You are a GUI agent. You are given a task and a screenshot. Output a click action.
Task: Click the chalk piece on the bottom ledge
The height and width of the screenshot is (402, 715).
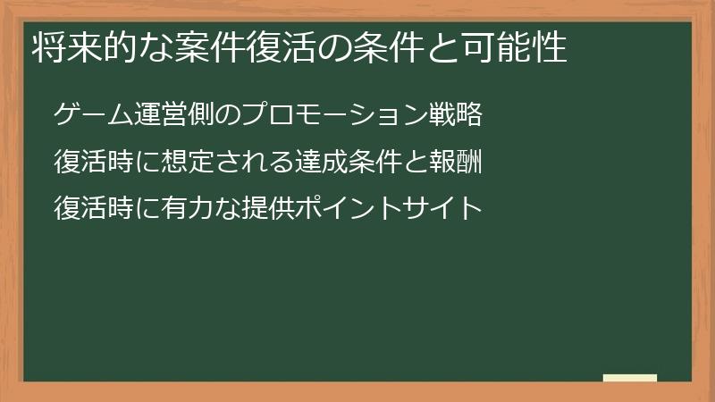point(629,378)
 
